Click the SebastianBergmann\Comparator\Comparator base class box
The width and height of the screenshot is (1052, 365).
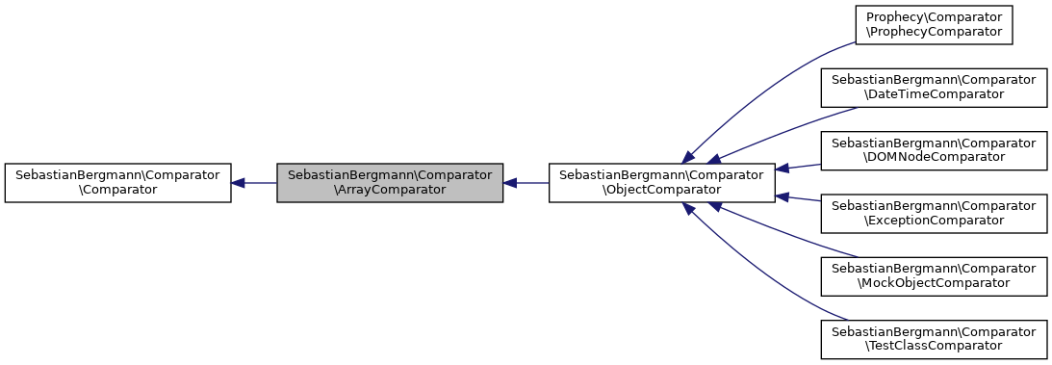pyautogui.click(x=117, y=182)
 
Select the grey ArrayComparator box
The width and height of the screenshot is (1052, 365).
pyautogui.click(x=390, y=182)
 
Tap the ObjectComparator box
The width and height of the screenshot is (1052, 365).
pyautogui.click(x=662, y=182)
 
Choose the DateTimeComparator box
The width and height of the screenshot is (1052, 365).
pyautogui.click(x=933, y=86)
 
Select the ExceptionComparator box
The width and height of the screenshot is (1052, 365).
pyautogui.click(x=933, y=213)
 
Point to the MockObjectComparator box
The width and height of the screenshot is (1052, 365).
pyautogui.click(x=933, y=275)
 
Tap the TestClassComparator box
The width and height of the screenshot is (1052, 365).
pyautogui.click(x=933, y=337)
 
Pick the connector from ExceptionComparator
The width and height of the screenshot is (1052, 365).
pyautogui.click(x=799, y=198)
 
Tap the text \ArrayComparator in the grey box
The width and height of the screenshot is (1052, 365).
pyautogui.click(x=390, y=190)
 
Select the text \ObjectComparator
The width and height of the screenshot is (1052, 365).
pyautogui.click(x=662, y=190)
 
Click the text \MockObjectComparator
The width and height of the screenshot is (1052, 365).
pyautogui.click(x=933, y=283)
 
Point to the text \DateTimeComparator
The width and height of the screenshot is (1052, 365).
pyautogui.click(x=933, y=93)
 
